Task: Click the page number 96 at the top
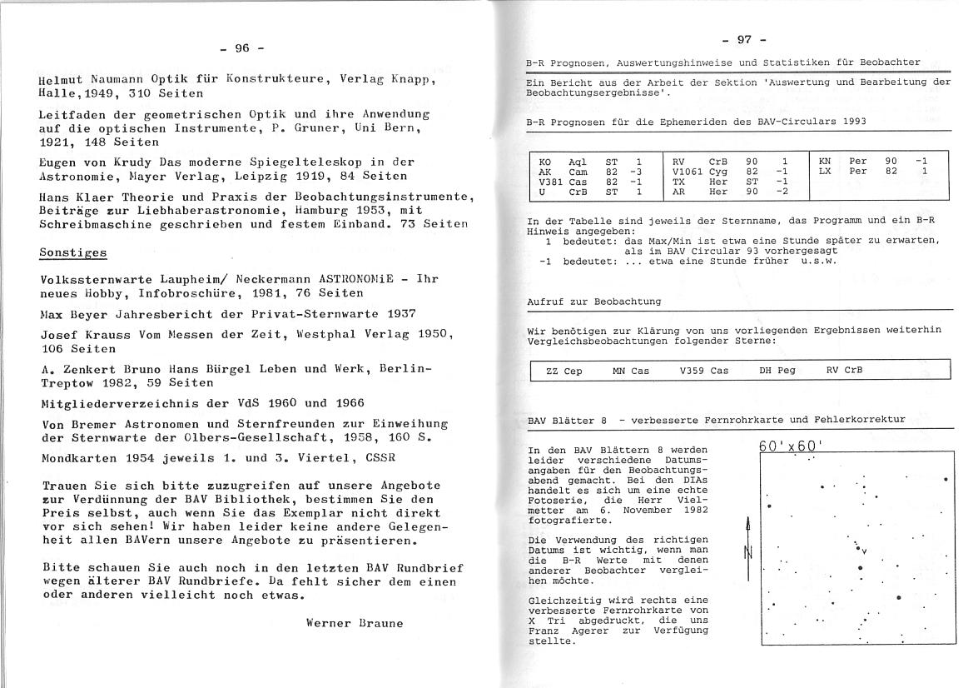tap(243, 48)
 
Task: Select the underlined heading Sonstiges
tap(73, 253)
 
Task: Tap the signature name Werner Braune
tap(355, 622)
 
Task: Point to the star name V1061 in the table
tap(688, 172)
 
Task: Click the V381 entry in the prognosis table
tap(551, 182)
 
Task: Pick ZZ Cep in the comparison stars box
tap(563, 371)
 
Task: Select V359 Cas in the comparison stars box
tap(703, 371)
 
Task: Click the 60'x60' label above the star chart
tap(791, 446)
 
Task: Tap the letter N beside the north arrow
tap(747, 552)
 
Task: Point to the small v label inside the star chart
tap(865, 551)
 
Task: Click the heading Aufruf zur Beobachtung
tap(594, 302)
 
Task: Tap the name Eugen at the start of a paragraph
tap(57, 162)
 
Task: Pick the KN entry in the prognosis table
tap(825, 161)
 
